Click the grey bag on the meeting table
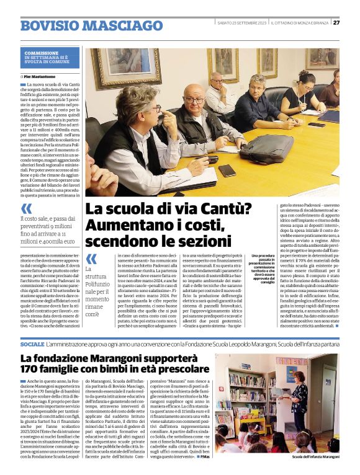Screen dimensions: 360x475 click(x=267, y=148)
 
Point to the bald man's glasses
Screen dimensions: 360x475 click(x=194, y=99)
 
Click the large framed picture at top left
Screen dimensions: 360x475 click(x=126, y=67)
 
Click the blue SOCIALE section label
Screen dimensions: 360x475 click(x=32, y=343)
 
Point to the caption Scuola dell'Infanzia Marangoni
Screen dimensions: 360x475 click(x=315, y=457)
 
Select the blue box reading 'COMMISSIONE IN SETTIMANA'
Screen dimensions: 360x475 click(x=50, y=58)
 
